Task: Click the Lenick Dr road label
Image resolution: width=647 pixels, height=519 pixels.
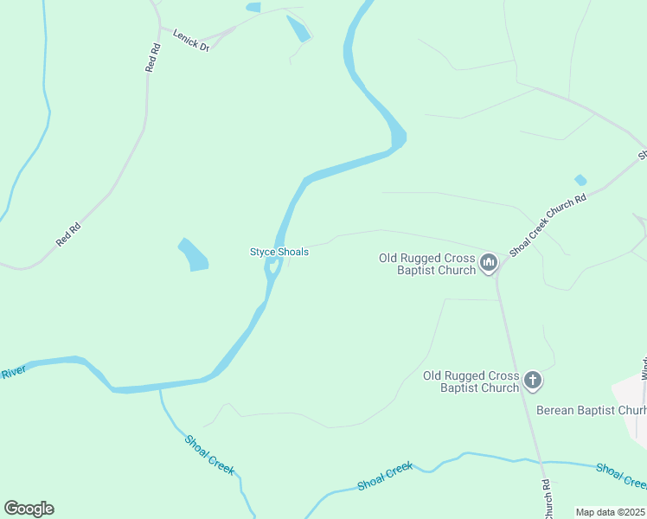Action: click(x=191, y=40)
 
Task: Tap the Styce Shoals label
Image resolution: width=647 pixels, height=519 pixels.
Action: click(x=279, y=252)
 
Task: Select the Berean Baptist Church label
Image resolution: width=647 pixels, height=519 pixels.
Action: click(x=591, y=410)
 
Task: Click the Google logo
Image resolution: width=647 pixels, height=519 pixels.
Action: click(x=29, y=509)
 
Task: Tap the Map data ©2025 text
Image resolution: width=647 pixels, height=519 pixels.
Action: click(x=610, y=512)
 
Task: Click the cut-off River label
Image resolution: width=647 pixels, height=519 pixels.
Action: click(x=14, y=374)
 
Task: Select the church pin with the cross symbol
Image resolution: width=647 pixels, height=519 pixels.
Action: click(x=533, y=380)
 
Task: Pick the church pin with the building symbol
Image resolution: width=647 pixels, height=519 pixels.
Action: click(x=489, y=262)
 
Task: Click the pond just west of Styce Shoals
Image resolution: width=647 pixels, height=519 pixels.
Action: click(x=194, y=254)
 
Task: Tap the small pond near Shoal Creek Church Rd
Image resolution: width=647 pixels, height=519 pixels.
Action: click(x=580, y=180)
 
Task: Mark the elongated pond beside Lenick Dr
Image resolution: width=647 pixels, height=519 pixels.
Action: click(x=298, y=28)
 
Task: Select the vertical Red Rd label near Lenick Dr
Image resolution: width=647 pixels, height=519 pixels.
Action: click(x=154, y=58)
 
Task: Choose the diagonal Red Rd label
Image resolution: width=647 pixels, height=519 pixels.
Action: click(x=68, y=233)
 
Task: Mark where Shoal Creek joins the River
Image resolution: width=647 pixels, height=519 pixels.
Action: click(x=160, y=390)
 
